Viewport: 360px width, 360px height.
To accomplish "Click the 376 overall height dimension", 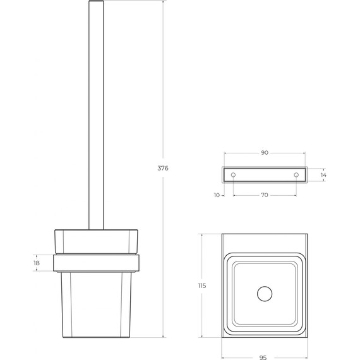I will point(163,168).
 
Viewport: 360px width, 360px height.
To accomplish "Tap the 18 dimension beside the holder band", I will point(37,262).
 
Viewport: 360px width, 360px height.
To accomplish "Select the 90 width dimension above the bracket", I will point(265,153).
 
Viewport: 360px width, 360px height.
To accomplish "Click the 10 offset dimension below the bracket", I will point(217,195).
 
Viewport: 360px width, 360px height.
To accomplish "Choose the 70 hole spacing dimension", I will point(265,195).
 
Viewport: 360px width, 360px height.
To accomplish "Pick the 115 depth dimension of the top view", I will point(202,286).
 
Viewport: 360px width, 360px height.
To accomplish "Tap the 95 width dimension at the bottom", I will point(263,357).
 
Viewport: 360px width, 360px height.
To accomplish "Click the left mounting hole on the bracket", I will point(233,174).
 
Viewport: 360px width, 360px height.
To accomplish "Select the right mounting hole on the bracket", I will point(296,174).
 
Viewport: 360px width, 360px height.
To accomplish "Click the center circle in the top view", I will point(264,293).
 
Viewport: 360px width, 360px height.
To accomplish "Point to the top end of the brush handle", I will point(97,4).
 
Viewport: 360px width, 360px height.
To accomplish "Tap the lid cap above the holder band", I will point(97,241).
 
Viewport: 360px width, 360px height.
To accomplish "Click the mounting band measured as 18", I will point(97,262).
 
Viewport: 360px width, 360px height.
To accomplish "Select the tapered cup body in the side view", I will point(97,303).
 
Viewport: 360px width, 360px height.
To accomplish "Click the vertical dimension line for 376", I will point(163,95).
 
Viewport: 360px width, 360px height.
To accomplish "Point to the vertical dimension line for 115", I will point(202,316).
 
